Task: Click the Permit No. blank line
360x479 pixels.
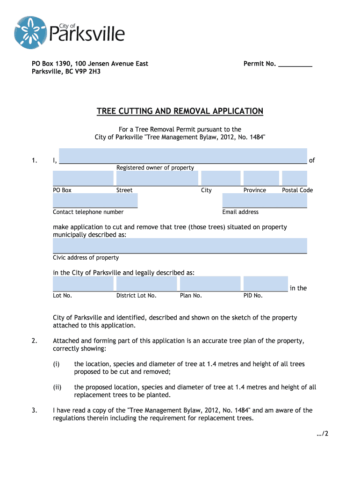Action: [295, 65]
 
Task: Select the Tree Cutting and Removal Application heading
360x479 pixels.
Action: [180, 111]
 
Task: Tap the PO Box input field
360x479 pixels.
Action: [83, 178]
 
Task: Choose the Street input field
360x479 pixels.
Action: [157, 178]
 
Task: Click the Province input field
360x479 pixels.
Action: [261, 178]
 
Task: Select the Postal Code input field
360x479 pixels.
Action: [295, 178]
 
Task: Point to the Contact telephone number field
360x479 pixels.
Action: [95, 201]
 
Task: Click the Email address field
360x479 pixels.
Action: [265, 201]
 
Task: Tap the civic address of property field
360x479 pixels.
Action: [180, 246]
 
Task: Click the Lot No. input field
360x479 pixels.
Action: [83, 283]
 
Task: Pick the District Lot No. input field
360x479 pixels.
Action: [147, 283]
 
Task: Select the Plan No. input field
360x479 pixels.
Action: [210, 283]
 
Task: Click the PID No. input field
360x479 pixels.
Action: [266, 283]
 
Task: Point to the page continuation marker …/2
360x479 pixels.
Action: [323, 434]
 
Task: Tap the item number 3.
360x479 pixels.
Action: [35, 411]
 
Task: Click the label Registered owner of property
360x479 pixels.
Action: [155, 168]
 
